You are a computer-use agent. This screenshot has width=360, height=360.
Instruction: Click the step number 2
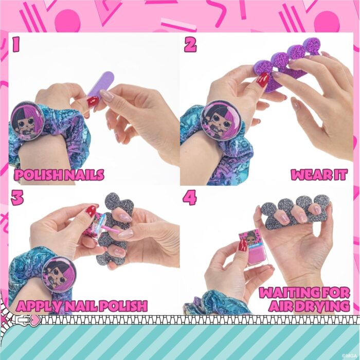[190, 45]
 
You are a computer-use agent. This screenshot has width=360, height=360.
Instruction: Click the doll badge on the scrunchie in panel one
[27, 121]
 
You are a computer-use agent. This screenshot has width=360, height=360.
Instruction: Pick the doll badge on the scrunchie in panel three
[58, 274]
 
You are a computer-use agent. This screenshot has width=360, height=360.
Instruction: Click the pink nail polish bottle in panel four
[251, 249]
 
